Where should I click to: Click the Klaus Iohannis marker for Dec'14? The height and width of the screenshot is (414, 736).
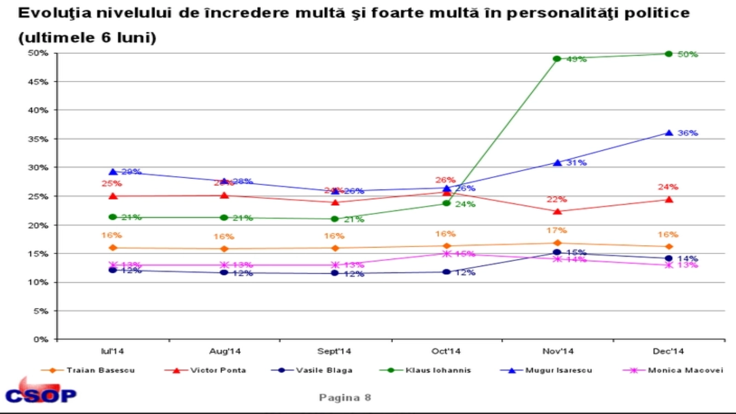(x=669, y=54)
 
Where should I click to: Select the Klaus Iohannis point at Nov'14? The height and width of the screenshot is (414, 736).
(x=557, y=59)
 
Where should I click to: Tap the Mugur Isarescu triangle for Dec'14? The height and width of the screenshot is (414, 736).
(x=669, y=133)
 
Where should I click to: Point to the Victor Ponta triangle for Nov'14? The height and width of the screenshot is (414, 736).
(x=558, y=212)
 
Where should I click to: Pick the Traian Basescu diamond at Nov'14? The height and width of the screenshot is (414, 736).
(x=557, y=243)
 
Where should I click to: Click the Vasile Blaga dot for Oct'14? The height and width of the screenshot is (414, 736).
(x=446, y=272)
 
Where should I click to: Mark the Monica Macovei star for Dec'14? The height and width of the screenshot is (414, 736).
(x=669, y=265)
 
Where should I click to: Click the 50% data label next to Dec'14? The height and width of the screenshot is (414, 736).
(x=688, y=54)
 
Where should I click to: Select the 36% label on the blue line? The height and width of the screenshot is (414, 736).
(x=688, y=133)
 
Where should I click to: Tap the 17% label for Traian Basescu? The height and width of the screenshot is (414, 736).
(x=557, y=230)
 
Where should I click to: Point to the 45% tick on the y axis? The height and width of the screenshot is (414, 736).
(x=38, y=82)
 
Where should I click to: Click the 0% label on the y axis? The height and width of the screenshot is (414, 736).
(x=41, y=339)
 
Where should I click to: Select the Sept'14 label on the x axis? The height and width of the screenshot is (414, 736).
(x=334, y=351)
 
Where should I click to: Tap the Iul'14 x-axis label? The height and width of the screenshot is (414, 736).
(x=113, y=351)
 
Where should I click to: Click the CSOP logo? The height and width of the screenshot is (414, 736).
(x=40, y=393)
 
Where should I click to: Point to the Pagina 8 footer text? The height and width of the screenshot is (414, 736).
(x=345, y=397)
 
